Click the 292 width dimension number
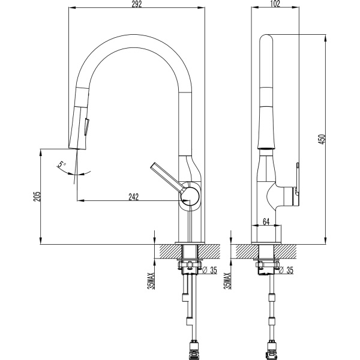pyautogui.click(x=137, y=4)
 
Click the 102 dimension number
pyautogui.click(x=275, y=4)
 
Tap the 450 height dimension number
pyautogui.click(x=322, y=139)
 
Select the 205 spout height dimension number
pyautogui.click(x=37, y=196)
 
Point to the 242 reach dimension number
pyautogui.click(x=133, y=197)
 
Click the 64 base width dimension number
pyautogui.click(x=266, y=222)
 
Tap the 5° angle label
pyautogui.click(x=61, y=164)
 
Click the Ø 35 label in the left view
pyautogui.click(x=209, y=270)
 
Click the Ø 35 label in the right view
pyautogui.click(x=286, y=270)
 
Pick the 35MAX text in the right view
pyautogui.click(x=227, y=281)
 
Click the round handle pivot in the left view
pyautogui.click(x=190, y=196)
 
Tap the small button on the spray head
pyautogui.click(x=88, y=127)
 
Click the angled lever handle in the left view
pyautogui.click(x=167, y=177)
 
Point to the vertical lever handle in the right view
pyautogui.click(x=298, y=184)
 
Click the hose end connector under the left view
pyautogui.click(x=194, y=349)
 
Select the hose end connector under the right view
pyautogui.click(x=271, y=349)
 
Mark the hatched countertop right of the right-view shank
pyautogui.click(x=285, y=251)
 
